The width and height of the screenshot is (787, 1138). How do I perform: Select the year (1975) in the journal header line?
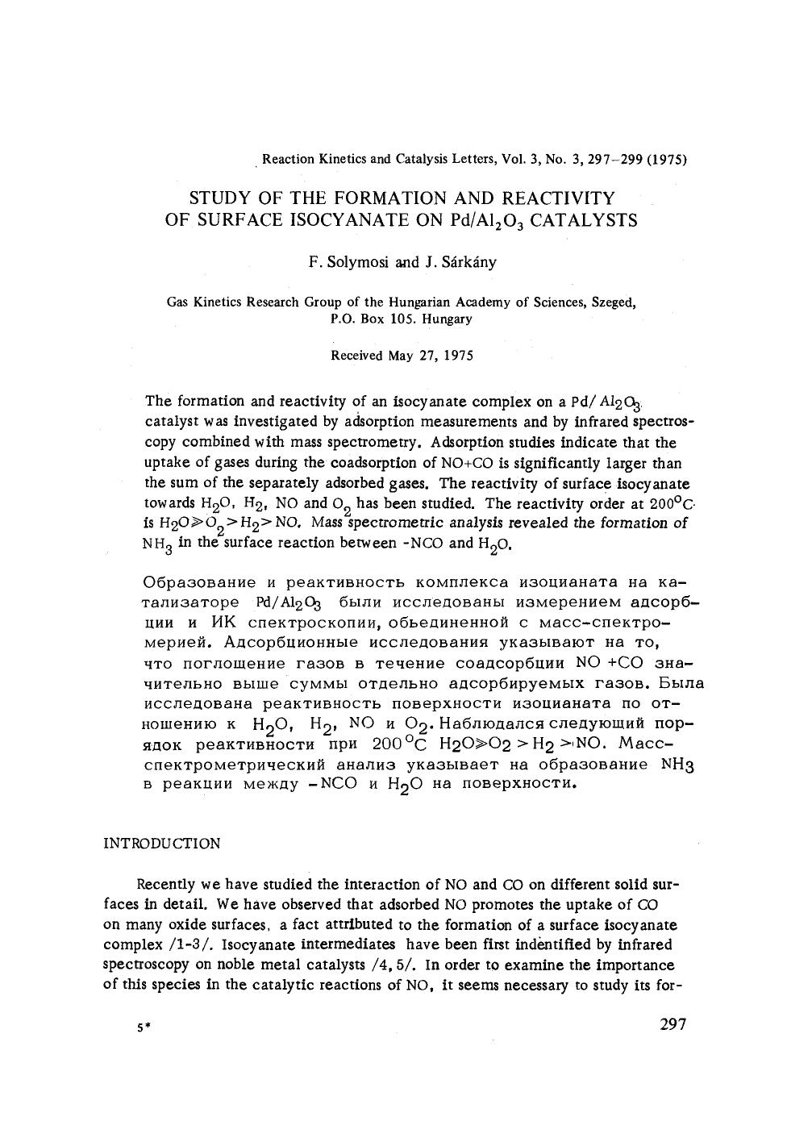668,159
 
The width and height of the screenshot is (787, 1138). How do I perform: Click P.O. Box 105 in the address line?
372,319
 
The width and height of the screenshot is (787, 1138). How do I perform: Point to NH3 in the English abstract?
157,544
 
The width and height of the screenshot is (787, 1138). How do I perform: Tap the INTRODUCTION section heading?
162,844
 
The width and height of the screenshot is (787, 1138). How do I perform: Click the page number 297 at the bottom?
672,1024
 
